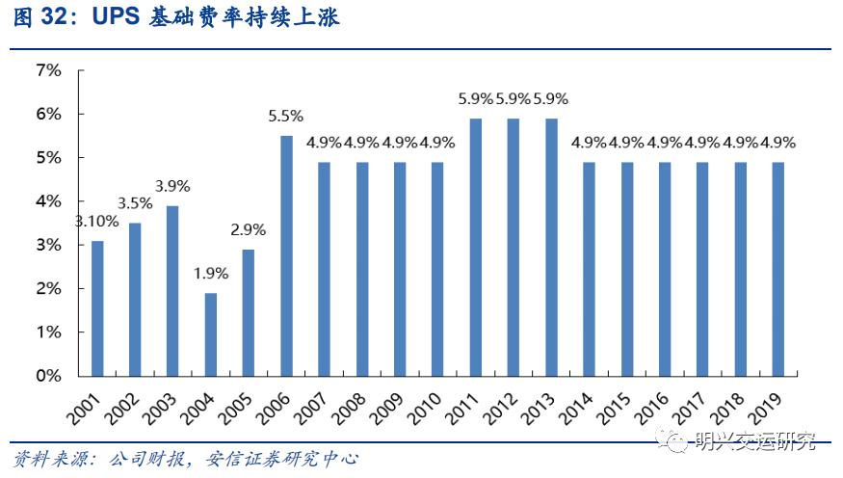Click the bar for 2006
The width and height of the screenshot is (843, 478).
(x=286, y=255)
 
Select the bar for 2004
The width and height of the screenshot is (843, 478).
(x=210, y=333)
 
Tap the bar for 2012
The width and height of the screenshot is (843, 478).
(x=514, y=247)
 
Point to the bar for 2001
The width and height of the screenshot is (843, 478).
(x=96, y=307)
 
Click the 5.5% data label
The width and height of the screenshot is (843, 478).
(x=285, y=117)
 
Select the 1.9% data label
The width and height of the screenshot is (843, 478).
(x=209, y=274)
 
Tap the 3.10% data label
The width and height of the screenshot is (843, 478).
(x=97, y=221)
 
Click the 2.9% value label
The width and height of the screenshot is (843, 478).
(x=248, y=230)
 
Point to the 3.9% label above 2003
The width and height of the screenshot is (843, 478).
(x=173, y=186)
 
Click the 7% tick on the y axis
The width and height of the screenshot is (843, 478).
(x=48, y=70)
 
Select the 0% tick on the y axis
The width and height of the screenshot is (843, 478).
(x=48, y=376)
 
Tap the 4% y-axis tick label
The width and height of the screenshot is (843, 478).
(x=48, y=201)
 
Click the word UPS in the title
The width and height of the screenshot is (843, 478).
(x=117, y=18)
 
